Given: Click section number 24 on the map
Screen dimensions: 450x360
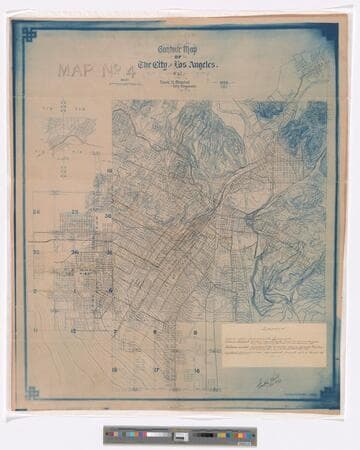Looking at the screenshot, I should pyautogui.click(x=36, y=212).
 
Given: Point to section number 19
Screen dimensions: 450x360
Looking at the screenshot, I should pyautogui.click(x=108, y=172).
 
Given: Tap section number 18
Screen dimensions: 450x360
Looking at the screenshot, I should pyautogui.click(x=114, y=370).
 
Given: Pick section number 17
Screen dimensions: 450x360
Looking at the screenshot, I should pyautogui.click(x=156, y=370).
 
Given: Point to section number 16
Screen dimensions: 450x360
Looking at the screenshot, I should pyautogui.click(x=196, y=370).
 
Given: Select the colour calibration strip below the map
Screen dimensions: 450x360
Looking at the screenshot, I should pyautogui.click(x=179, y=435).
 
